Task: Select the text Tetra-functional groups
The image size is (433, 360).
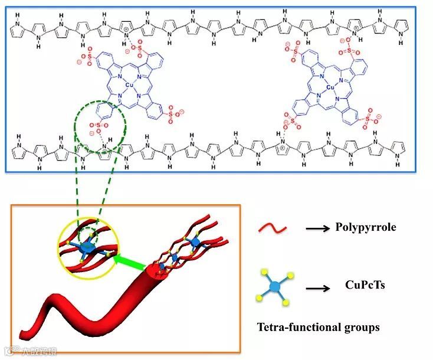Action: (318, 326)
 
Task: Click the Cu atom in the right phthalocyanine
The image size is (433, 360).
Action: (330, 87)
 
